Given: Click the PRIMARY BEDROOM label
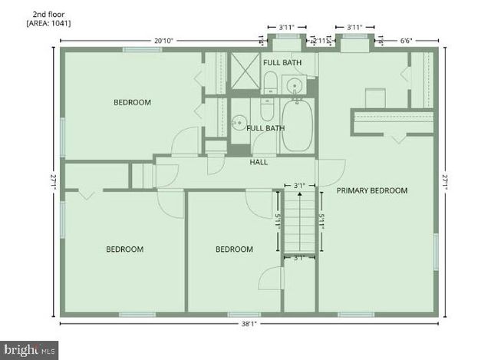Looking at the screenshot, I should tap(372, 190).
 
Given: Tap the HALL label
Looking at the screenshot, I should tap(259, 162).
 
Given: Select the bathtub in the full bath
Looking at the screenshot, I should tap(298, 125).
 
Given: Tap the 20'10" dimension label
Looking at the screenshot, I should tap(162, 40).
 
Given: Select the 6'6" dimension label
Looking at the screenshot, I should tap(410, 40).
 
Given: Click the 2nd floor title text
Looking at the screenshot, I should tap(48, 14).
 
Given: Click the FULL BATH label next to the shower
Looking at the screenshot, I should tap(282, 62).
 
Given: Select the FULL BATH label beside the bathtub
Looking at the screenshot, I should tap(265, 128).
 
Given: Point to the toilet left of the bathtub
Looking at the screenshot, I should tap(267, 108).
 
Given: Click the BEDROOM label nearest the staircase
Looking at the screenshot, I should tap(234, 249).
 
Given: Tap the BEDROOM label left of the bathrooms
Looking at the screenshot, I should tap(132, 102).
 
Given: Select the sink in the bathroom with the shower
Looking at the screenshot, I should tap(293, 84).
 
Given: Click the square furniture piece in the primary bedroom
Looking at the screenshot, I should tap(374, 98).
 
